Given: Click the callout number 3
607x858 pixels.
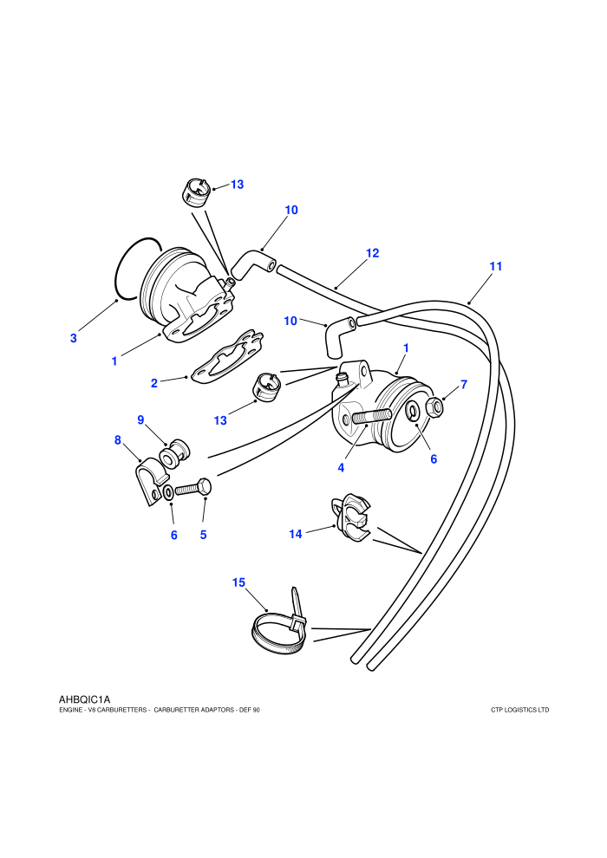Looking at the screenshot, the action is point(74,338).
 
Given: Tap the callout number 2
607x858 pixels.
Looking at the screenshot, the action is point(154,383).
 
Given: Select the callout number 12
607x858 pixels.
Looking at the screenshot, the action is point(372,253).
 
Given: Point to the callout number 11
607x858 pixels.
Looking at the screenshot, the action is point(495,266).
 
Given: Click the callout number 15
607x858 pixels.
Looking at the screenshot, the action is point(238,582).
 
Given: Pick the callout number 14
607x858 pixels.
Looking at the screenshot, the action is point(296,534).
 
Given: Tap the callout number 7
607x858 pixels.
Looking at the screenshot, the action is point(464,385).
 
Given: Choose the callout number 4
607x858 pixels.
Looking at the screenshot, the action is point(341,468).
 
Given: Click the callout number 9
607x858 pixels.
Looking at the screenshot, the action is point(140,419).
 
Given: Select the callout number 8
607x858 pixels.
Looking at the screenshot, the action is point(118,440).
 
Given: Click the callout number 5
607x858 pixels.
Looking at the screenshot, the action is point(204,535).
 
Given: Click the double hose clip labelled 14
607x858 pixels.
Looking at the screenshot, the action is point(351,517).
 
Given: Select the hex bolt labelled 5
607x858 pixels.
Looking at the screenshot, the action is point(193,488).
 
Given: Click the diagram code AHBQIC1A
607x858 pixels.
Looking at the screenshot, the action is point(84,699).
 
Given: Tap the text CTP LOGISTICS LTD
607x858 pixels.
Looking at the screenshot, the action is point(520,711).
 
